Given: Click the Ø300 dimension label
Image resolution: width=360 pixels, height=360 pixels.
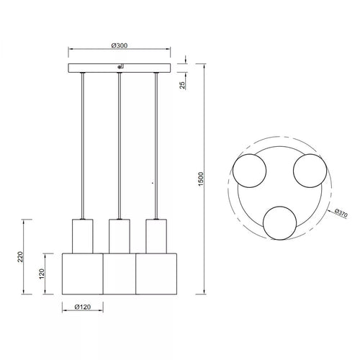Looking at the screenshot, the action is (120, 45).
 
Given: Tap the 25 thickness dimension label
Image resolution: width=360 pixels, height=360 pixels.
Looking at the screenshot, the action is (182, 85).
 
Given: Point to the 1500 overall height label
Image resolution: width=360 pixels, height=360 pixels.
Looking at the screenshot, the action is (201, 179).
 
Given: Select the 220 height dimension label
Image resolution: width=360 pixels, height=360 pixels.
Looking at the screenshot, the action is (20, 256).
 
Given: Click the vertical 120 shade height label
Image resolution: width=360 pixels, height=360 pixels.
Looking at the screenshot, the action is (42, 274).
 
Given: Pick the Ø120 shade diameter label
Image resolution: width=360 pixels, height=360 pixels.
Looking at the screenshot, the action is (83, 307).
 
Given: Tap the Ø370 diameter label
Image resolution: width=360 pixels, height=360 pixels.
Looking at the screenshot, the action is (341, 213).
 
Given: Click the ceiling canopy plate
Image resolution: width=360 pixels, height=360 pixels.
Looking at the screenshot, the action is (120, 68).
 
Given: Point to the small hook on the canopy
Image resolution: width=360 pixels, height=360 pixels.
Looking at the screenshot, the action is (120, 66).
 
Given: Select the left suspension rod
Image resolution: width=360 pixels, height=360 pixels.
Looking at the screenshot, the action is (83, 145).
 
